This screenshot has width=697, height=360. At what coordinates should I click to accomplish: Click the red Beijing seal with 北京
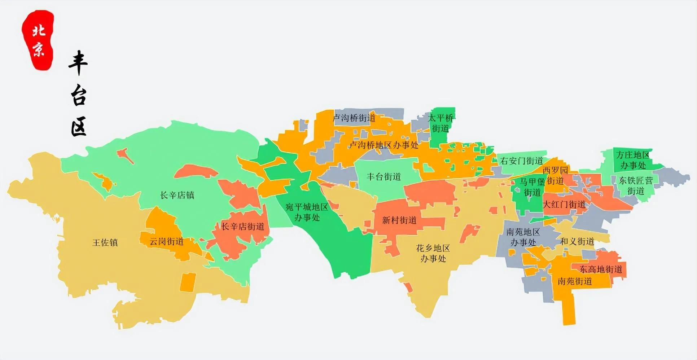(38, 40)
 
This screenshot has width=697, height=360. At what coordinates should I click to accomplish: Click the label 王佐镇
(105, 242)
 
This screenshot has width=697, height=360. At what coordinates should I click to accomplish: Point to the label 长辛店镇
(177, 195)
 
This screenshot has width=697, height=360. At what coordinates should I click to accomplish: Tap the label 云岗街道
(167, 241)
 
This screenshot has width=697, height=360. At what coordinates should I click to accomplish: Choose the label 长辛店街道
(242, 227)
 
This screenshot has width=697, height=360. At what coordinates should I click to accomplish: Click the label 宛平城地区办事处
(307, 212)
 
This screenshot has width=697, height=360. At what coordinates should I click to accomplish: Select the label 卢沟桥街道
(354, 118)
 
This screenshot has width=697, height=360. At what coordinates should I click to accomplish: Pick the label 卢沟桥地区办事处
(384, 145)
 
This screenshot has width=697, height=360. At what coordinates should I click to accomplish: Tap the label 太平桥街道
(440, 123)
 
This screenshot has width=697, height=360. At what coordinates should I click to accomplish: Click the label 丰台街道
(384, 176)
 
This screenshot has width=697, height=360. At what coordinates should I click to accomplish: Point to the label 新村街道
(399, 220)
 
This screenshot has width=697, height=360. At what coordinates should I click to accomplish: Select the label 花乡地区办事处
(433, 253)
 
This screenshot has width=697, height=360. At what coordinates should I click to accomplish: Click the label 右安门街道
(522, 161)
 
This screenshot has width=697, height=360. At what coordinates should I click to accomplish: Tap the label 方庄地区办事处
(633, 160)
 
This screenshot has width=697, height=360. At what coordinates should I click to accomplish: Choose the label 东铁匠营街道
(636, 185)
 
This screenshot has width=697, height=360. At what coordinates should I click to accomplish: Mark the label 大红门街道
(564, 205)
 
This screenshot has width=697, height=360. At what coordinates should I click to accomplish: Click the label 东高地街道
(601, 269)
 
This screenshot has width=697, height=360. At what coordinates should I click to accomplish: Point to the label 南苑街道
(575, 281)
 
